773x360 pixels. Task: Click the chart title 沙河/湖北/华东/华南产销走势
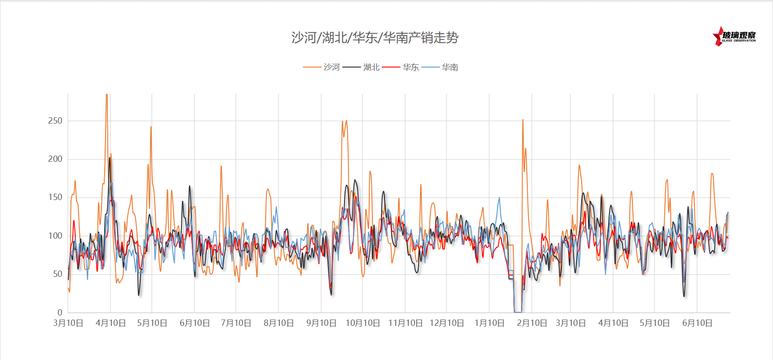click(x=375, y=38)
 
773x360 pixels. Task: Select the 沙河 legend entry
click(x=331, y=67)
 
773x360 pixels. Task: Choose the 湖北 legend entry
click(x=371, y=67)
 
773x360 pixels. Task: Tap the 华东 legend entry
click(x=411, y=67)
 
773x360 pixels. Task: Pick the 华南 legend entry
click(x=450, y=67)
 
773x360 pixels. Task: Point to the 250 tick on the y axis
click(x=55, y=120)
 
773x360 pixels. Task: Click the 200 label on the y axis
click(x=55, y=159)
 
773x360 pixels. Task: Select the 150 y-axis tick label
click(x=55, y=197)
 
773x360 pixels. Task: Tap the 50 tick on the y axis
click(x=57, y=274)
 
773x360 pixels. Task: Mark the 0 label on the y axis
click(x=60, y=312)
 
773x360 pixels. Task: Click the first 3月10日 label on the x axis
click(x=68, y=323)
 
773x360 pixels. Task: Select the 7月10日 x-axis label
click(x=236, y=323)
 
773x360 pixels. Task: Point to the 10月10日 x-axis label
click(x=362, y=323)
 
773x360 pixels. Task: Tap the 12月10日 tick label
click(x=446, y=323)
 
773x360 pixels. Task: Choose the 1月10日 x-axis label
click(x=489, y=323)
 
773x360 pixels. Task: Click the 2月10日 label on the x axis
click(x=532, y=323)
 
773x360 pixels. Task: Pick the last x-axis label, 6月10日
click(x=697, y=323)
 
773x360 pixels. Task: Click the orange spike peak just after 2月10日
click(x=522, y=120)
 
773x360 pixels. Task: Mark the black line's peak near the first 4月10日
click(x=109, y=158)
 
